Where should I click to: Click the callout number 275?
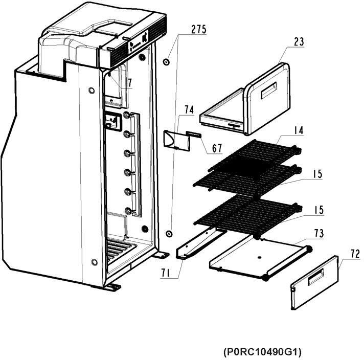click(x=199, y=29)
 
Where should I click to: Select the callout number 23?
click(x=299, y=42)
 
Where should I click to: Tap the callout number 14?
click(x=298, y=130)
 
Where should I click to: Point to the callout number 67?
click(x=217, y=148)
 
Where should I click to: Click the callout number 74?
click(x=189, y=109)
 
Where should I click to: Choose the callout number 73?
click(x=319, y=233)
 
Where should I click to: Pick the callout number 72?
click(x=355, y=254)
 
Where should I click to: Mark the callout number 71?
click(x=166, y=274)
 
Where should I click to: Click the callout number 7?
click(x=130, y=83)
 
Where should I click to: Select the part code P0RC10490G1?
click(x=262, y=352)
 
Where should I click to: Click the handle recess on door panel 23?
click(x=268, y=91)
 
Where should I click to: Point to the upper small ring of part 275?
click(x=166, y=62)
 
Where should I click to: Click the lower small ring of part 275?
click(x=169, y=233)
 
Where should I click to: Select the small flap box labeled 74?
click(x=177, y=140)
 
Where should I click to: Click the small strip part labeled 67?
click(x=194, y=134)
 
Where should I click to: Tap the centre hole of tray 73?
click(x=260, y=257)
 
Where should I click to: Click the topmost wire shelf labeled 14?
click(x=255, y=155)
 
